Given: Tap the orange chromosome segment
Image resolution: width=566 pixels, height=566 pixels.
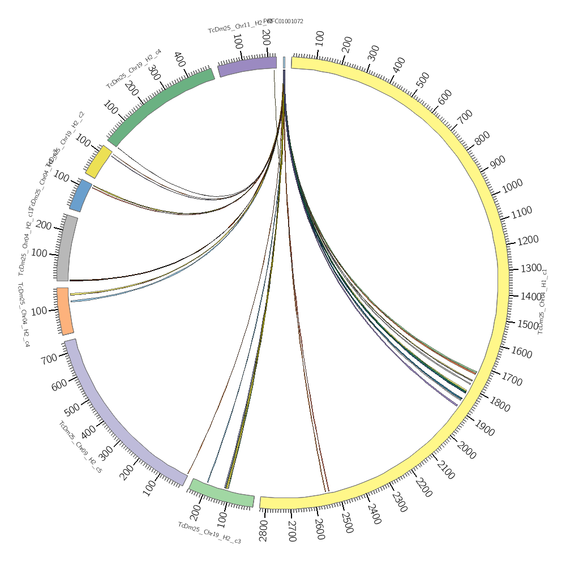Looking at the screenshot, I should click(x=65, y=311).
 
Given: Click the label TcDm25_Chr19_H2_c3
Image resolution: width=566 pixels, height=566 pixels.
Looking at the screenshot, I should click(x=209, y=533).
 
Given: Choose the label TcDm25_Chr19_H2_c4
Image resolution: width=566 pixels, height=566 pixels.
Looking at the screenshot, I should click(x=134, y=68).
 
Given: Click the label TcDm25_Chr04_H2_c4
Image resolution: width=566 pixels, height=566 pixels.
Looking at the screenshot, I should click(x=23, y=314).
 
